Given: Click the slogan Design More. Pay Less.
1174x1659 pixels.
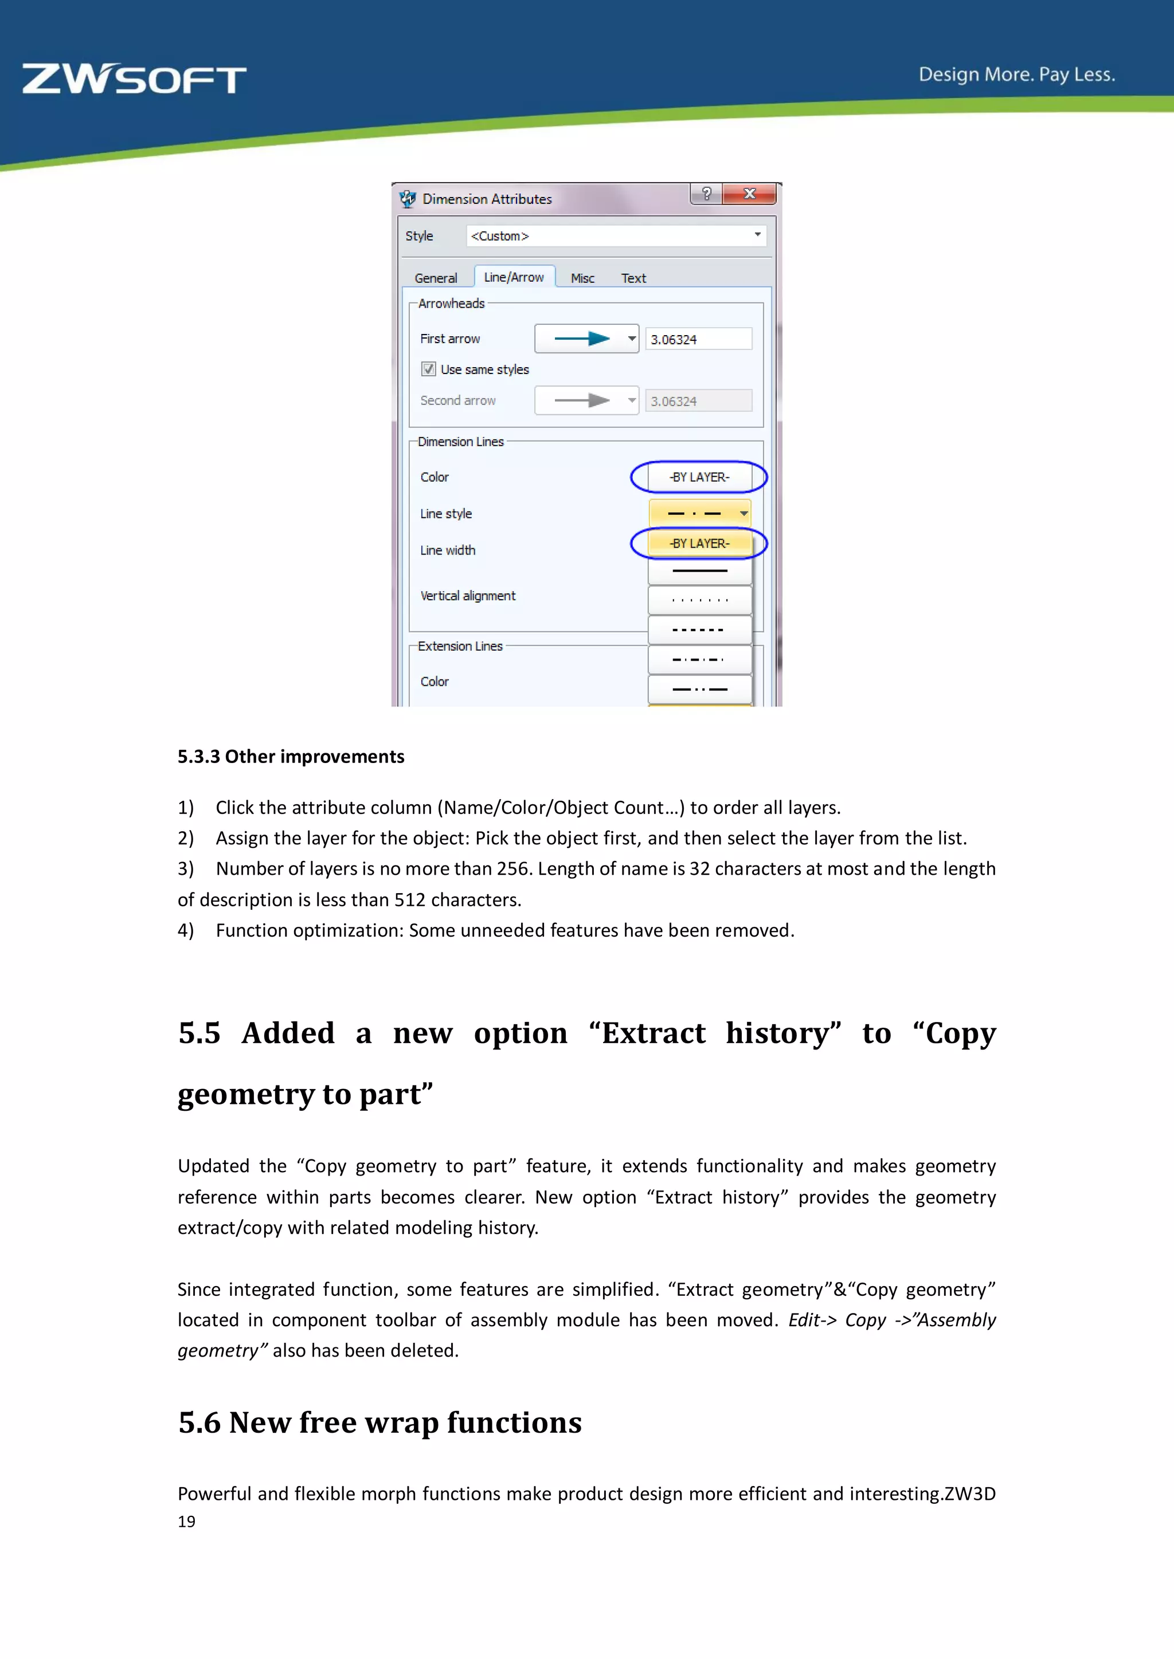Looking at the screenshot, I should (1016, 74).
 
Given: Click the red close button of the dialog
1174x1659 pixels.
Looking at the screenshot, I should (750, 194).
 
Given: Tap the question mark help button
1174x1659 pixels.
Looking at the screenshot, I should (706, 194).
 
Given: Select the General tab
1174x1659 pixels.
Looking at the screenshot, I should (436, 278).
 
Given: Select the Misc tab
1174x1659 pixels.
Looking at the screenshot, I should (582, 278).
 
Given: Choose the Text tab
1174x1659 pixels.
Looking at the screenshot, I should (633, 278).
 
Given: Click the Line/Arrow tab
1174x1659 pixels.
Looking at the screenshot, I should (514, 277).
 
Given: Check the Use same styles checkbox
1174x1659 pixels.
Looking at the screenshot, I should (429, 369).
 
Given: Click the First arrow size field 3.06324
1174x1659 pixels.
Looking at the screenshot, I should (698, 339).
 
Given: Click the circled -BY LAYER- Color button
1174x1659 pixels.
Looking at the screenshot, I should (699, 477).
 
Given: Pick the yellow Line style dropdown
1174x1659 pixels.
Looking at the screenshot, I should (699, 514).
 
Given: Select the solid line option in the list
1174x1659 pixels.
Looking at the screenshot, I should (699, 571).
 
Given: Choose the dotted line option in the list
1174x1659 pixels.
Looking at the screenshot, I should (699, 600).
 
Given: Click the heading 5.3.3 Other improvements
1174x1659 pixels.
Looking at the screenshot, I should (291, 757).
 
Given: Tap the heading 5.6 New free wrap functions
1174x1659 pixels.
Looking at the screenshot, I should (379, 1423).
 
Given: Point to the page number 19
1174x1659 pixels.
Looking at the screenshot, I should (186, 1522).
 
